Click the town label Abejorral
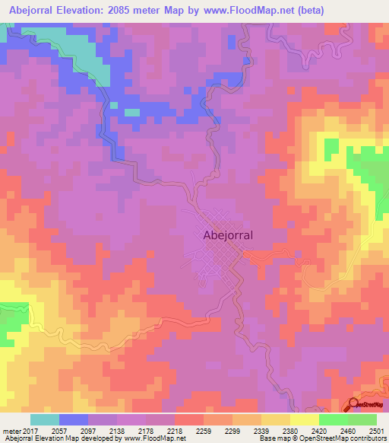pyautogui.click(x=228, y=235)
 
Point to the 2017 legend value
pyautogui.click(x=31, y=431)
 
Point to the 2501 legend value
pyautogui.click(x=375, y=431)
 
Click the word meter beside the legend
pyautogui.click(x=11, y=431)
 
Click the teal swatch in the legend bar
pyautogui.click(x=44, y=419)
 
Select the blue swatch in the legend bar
pyautogui.click(x=73, y=419)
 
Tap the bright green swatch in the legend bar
pyautogui.click(x=333, y=419)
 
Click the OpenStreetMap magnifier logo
pyautogui.click(x=354, y=404)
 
